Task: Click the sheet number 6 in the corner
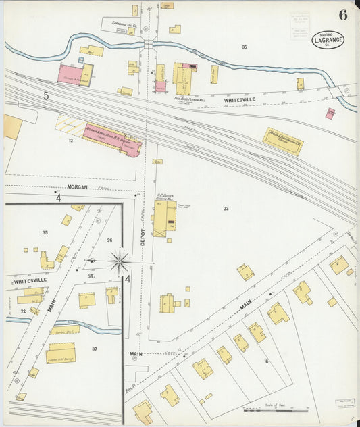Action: click(x=343, y=16)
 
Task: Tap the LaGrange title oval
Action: click(x=328, y=41)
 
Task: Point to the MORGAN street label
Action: click(x=78, y=186)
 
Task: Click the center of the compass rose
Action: click(x=120, y=260)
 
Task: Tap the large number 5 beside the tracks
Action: click(x=46, y=97)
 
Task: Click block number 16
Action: click(x=266, y=362)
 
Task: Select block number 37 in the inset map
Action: click(x=95, y=349)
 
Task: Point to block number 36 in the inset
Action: click(x=109, y=240)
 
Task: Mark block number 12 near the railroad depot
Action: click(x=70, y=141)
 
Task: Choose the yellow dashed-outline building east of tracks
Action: click(x=282, y=141)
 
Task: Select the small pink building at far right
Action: click(x=330, y=114)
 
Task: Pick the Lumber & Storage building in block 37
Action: click(x=60, y=354)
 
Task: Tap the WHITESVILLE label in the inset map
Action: click(x=28, y=280)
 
